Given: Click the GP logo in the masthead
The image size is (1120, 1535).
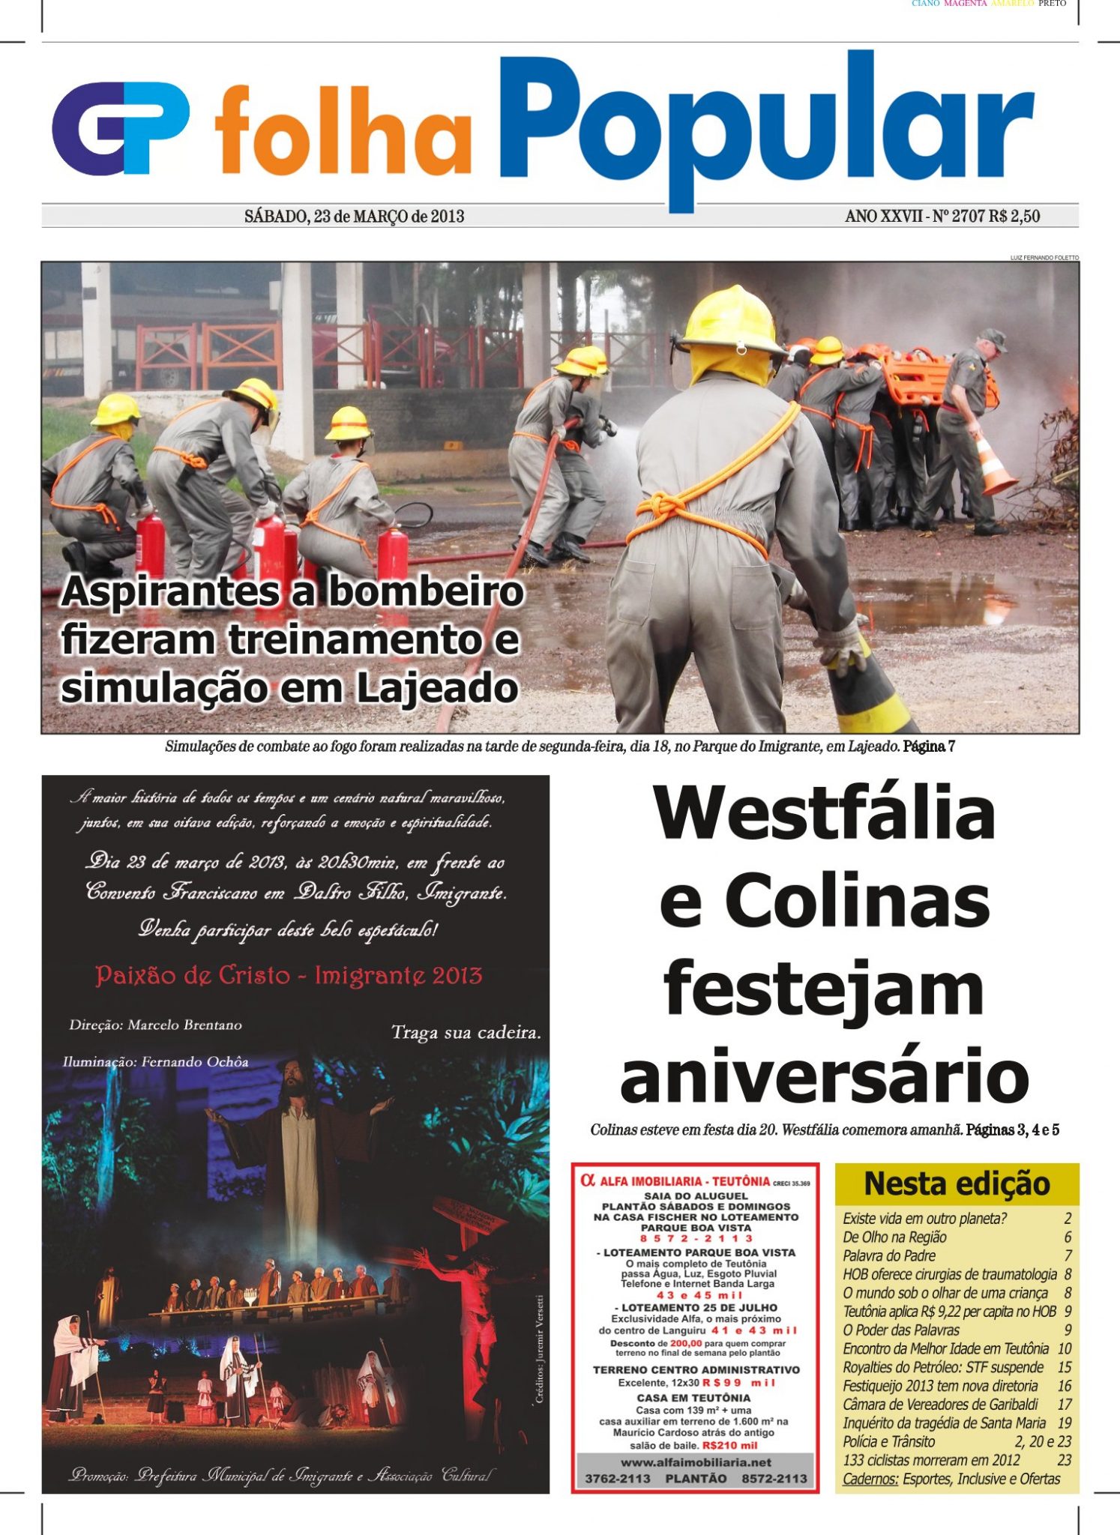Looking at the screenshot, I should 120,129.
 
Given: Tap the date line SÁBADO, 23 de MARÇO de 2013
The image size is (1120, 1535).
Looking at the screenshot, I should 354,217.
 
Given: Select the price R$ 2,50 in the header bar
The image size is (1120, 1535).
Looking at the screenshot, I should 1014,217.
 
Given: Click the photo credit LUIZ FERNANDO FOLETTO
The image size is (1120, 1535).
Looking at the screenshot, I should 1044,258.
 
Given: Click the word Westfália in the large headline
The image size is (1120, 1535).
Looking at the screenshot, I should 824,814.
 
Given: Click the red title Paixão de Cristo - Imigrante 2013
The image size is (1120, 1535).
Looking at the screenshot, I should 289,976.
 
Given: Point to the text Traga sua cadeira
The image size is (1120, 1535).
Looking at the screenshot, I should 466,1033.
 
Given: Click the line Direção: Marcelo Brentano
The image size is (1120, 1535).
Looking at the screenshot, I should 156,1025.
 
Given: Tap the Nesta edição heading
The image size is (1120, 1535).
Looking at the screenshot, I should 957,1184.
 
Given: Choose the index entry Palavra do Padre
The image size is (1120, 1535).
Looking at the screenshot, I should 890,1255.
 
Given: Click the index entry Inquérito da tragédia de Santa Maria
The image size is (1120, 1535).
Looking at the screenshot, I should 944,1423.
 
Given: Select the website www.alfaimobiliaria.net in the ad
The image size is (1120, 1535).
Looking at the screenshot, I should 696,1462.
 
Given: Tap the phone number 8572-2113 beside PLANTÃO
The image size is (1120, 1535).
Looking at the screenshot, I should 774,1479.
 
